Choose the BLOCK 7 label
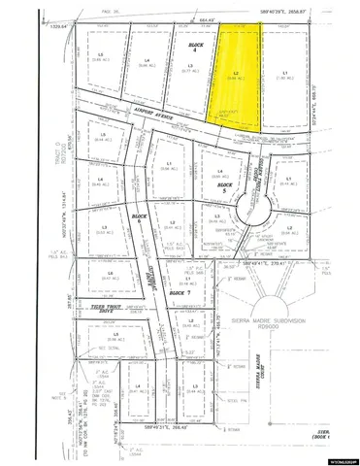pos(176,291)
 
